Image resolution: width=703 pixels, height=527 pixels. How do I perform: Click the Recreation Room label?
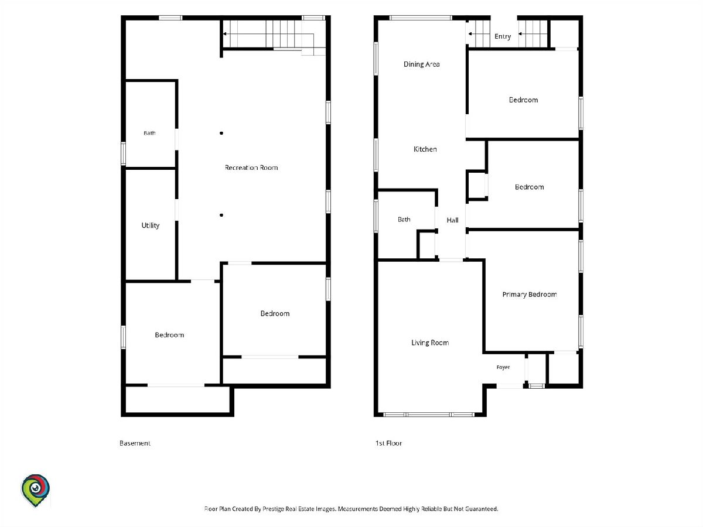coord(251,167)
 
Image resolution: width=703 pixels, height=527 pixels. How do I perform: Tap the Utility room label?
coord(150,225)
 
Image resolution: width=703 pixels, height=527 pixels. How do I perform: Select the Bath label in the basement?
coord(149,133)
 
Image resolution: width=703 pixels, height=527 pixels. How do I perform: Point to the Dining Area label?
coord(421,64)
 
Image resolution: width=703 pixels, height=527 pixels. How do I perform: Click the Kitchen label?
coord(425,149)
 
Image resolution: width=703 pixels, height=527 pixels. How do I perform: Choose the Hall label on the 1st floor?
coord(452,220)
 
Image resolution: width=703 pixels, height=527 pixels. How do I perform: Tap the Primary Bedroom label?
coord(530,295)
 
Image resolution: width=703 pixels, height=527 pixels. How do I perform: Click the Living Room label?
coord(430,343)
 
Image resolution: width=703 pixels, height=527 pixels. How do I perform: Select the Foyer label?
coord(503,367)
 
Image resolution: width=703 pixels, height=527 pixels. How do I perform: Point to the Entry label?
coord(503,36)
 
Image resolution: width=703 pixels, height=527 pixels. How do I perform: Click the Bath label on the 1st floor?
coord(404,219)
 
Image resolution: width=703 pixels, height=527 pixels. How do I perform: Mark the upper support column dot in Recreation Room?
coord(221,133)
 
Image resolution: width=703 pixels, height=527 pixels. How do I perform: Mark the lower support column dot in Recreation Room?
coord(221,215)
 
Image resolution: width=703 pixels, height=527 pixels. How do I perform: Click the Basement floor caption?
coord(135,443)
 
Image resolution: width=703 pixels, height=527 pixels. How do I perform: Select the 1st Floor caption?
coord(388,443)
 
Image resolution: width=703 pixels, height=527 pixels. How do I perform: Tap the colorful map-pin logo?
coord(35,490)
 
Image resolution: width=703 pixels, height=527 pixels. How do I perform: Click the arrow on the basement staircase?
coord(226,33)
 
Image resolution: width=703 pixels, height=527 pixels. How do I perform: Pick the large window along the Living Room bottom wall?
coord(429,415)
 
